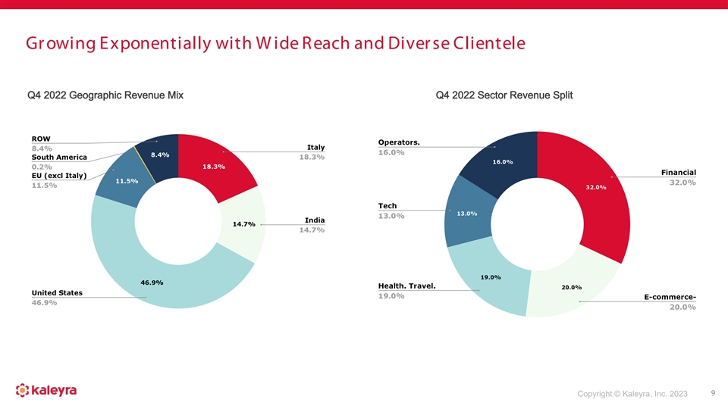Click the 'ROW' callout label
pos(41,139)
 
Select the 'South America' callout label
pos(59,157)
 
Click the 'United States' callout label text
pos(57,292)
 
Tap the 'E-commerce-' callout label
pos(670,296)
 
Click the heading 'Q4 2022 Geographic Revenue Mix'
pos(105,95)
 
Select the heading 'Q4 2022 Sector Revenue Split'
pos(504,95)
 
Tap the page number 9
pos(713,392)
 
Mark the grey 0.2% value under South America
pos(42,167)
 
